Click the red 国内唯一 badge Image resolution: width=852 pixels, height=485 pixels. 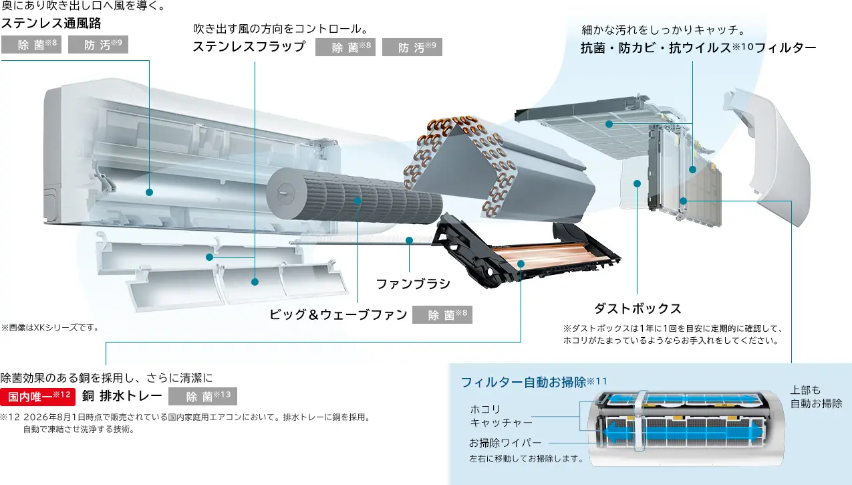pos(37,397)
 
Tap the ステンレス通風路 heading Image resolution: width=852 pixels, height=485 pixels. pos(51,23)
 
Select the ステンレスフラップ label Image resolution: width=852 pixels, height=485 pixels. pos(249,47)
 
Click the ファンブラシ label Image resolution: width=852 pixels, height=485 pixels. pos(413,284)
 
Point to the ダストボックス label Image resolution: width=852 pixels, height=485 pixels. pos(638,309)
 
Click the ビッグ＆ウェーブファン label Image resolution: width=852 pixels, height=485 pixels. pos(338,315)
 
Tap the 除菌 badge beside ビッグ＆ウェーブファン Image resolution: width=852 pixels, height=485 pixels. pos(442,315)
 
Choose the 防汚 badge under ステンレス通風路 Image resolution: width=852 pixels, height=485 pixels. pos(98,45)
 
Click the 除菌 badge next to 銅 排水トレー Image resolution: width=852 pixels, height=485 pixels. pos(202,396)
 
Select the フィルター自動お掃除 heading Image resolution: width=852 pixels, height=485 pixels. pos(534,382)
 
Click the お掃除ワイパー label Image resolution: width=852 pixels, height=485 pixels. pos(505,443)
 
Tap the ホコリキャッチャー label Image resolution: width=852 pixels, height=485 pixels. pos(501,416)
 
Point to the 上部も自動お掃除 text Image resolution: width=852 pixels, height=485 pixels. pos(816,397)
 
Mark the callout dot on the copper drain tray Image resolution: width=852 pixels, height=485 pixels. pos(521,264)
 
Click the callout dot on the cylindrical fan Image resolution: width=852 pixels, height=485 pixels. pos(358,201)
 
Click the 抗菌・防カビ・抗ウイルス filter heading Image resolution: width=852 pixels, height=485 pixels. pos(698,48)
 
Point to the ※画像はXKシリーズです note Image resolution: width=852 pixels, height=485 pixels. pos(50,328)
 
